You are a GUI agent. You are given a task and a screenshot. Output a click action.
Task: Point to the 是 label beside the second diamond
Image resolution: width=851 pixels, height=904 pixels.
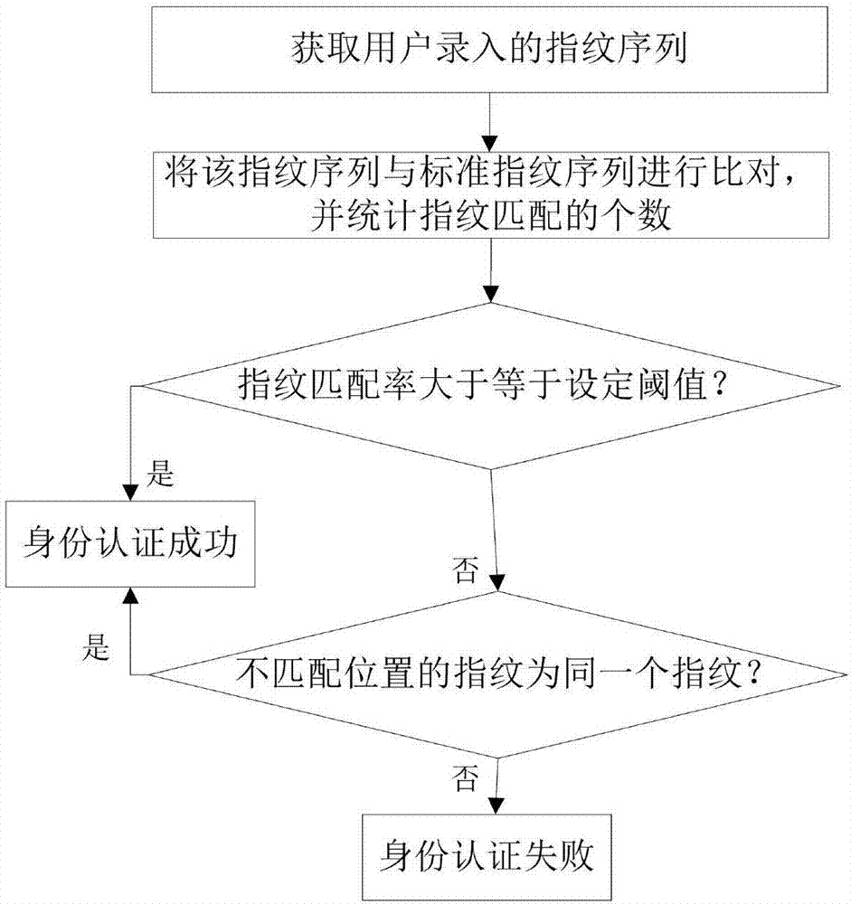click(x=96, y=647)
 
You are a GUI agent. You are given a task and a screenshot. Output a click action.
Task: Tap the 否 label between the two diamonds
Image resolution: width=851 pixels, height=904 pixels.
click(x=465, y=570)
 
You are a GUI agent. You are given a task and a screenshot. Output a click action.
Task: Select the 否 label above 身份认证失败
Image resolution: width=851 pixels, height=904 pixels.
click(x=465, y=778)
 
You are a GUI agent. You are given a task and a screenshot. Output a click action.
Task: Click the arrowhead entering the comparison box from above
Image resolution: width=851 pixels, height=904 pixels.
click(x=490, y=144)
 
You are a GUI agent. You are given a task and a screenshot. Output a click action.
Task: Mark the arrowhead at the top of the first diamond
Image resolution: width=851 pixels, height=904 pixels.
click(x=490, y=294)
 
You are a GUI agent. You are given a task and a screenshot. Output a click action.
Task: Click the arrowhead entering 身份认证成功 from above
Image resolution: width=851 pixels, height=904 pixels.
click(x=130, y=493)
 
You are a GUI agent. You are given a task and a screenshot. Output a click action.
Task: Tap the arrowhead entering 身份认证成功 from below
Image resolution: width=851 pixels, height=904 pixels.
click(x=130, y=596)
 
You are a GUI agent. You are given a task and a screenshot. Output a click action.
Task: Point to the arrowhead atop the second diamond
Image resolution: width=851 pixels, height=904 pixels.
click(x=496, y=583)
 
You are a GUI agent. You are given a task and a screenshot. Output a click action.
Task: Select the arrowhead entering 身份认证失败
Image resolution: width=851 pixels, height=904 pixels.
click(x=496, y=805)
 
